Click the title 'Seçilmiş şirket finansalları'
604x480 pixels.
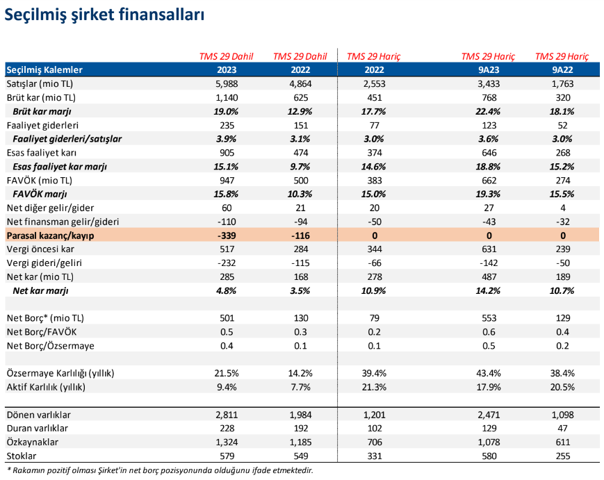click(x=104, y=15)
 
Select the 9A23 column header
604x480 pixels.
click(x=489, y=69)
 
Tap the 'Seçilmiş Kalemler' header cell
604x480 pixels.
click(x=44, y=69)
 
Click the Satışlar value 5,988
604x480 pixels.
click(x=227, y=83)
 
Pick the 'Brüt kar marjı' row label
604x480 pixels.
click(x=42, y=112)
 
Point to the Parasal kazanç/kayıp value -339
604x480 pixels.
click(x=227, y=235)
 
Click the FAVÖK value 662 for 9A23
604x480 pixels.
click(x=489, y=181)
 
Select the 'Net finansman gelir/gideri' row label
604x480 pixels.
click(x=63, y=222)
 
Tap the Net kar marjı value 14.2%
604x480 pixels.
click(x=488, y=290)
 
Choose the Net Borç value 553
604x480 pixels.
click(x=489, y=318)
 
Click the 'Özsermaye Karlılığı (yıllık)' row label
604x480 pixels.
click(x=60, y=374)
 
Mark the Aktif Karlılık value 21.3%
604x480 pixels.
click(x=374, y=387)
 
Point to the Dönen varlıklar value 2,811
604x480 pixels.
click(x=227, y=415)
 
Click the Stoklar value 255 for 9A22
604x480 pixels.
click(x=563, y=456)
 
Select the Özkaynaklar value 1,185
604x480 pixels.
click(x=300, y=442)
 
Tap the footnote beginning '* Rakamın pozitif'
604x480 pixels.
click(x=160, y=470)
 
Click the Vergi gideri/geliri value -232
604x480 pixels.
click(x=227, y=263)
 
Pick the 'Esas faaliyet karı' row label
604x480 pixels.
click(x=42, y=153)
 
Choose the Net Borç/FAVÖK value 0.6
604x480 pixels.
click(x=489, y=332)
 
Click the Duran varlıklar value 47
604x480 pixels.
click(x=563, y=429)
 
